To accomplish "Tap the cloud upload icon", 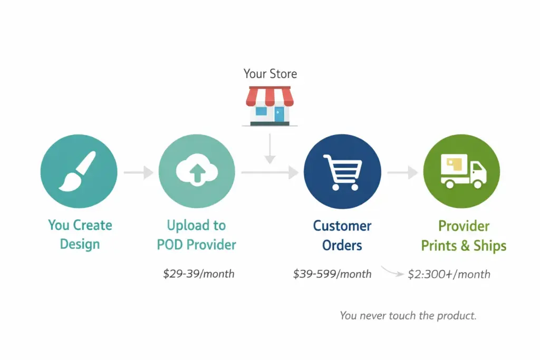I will (197, 170).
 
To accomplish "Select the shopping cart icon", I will (343, 171).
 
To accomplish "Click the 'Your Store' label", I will (270, 74).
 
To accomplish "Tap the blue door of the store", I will (278, 114).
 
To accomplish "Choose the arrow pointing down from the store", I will (269, 149).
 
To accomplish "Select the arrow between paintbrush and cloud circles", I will (138, 172).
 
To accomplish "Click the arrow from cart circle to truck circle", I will (402, 172).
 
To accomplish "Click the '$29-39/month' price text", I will (199, 274).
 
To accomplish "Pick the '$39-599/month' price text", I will (332, 274).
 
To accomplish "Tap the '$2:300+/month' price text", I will (449, 274).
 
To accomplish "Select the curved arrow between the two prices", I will (391, 272).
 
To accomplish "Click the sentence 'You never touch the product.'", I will (408, 316).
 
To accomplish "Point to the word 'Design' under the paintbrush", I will (80, 244).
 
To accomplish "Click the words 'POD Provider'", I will (196, 245).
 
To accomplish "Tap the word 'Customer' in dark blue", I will (342, 226).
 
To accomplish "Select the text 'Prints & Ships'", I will (464, 246).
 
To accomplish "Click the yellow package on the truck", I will (454, 164).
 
